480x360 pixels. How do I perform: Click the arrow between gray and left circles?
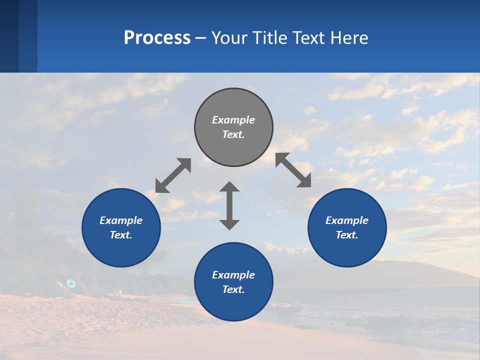click(x=173, y=175)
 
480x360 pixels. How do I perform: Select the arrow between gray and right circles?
click(x=293, y=170)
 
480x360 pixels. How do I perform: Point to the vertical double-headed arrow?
click(x=229, y=205)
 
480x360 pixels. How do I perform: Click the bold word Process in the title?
click(x=157, y=37)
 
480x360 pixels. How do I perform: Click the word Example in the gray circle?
click(x=233, y=120)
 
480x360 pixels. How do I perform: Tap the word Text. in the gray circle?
click(x=233, y=134)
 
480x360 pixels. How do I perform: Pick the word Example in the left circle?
click(x=121, y=220)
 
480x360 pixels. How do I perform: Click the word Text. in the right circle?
click(x=347, y=235)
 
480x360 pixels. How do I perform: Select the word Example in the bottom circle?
click(x=233, y=275)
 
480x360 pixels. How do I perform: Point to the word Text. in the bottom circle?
click(x=233, y=289)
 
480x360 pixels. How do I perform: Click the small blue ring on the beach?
click(x=71, y=284)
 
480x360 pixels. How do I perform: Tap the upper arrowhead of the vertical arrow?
click(x=229, y=187)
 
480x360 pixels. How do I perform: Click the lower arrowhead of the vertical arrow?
click(x=229, y=224)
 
